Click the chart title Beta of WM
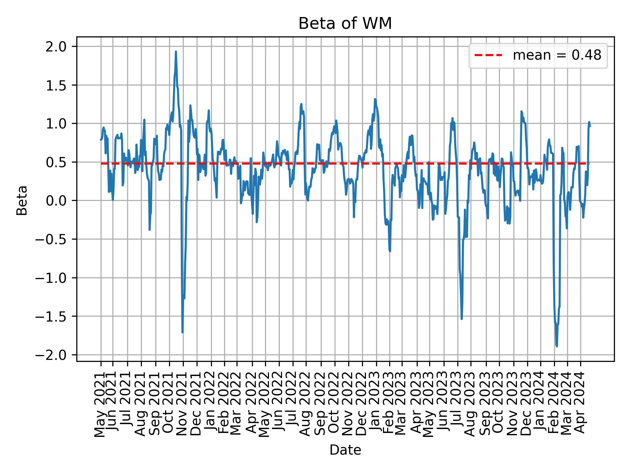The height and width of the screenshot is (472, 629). click(345, 24)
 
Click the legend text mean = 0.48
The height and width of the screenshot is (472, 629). click(557, 56)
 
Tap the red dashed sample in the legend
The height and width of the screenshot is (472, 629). click(488, 56)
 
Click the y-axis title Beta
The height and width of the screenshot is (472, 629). click(22, 200)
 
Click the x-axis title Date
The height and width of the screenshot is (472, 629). click(345, 450)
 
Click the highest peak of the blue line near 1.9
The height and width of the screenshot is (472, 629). click(176, 52)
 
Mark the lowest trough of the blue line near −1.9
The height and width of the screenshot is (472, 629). click(557, 346)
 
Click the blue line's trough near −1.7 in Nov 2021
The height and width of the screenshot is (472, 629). click(182, 332)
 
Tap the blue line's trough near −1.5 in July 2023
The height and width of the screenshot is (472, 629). click(462, 318)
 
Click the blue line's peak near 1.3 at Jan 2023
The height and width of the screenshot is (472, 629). click(375, 99)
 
